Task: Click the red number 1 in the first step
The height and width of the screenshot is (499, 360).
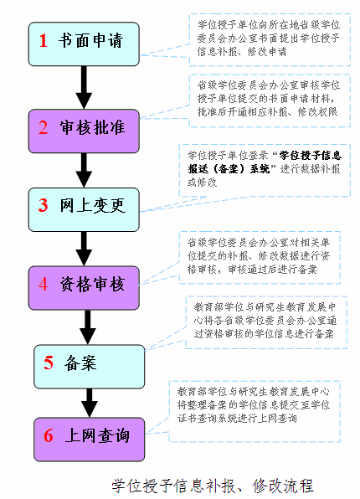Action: click(x=44, y=41)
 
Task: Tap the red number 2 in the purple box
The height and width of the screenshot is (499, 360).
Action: click(x=44, y=127)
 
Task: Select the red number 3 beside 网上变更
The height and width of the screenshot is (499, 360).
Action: click(x=44, y=205)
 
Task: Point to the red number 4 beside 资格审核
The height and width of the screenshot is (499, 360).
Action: click(x=44, y=284)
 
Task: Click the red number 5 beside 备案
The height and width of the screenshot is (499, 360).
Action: click(x=49, y=363)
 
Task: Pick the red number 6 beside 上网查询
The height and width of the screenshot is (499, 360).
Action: click(x=49, y=435)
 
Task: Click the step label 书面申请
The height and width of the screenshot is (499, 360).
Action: click(x=90, y=41)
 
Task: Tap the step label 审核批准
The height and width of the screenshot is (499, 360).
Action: click(x=92, y=127)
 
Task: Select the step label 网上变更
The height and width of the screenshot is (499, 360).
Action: click(x=93, y=205)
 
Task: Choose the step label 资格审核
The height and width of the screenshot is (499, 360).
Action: click(x=92, y=284)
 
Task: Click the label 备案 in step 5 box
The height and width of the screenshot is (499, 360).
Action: click(x=80, y=363)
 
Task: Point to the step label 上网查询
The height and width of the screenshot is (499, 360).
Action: click(x=97, y=435)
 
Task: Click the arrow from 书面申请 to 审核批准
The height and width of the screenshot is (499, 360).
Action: click(x=84, y=88)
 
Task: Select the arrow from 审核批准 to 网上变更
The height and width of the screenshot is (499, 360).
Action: click(x=84, y=170)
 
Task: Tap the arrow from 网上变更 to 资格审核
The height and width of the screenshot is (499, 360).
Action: click(x=84, y=249)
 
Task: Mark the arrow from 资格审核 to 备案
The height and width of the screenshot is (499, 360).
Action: click(x=88, y=327)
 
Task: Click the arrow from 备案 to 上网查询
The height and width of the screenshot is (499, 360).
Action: click(x=90, y=403)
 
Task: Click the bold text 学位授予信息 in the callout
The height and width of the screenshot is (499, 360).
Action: click(x=311, y=155)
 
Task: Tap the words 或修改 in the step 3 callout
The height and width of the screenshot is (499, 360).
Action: click(x=203, y=182)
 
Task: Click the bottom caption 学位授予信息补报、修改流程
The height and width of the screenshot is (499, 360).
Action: click(x=213, y=486)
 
